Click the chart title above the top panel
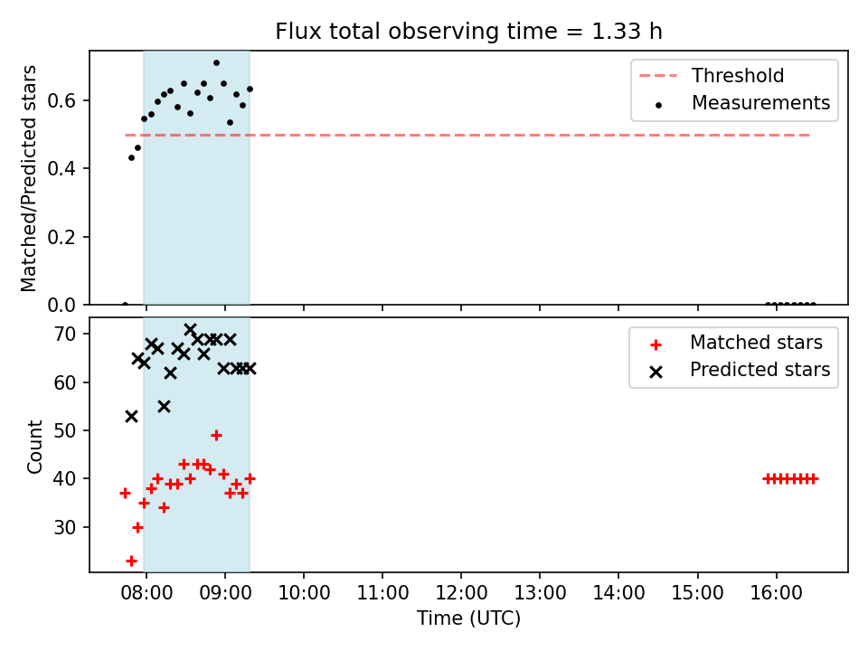468,32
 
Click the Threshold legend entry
712,75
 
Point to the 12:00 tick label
461,593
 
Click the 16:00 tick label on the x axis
776,593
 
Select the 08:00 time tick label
146,593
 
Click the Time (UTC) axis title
469,618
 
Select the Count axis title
35,447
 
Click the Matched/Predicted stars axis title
28,178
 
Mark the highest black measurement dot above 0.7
216,63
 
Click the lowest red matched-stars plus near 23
131,561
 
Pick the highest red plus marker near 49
216,436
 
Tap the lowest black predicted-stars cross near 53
131,416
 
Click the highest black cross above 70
191,330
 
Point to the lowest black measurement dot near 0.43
131,157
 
